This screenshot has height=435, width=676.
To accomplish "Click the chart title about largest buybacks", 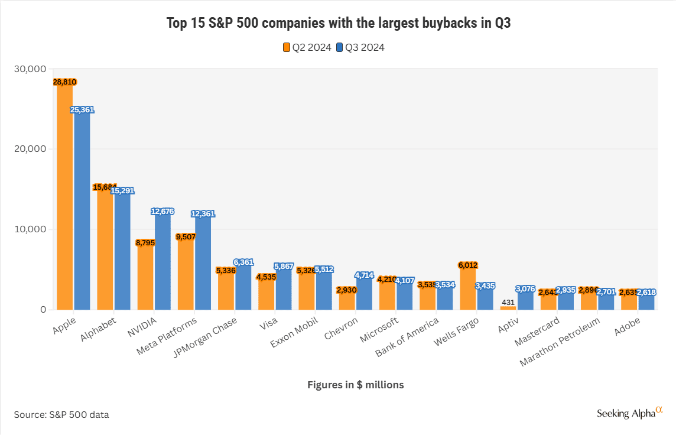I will tap(337, 23).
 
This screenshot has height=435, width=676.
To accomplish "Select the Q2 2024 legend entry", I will tap(307, 47).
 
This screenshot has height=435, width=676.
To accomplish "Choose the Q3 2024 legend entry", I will tap(360, 47).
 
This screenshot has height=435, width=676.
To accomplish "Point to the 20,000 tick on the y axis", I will tap(30, 149).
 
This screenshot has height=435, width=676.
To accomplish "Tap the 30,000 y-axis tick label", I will tap(30, 69).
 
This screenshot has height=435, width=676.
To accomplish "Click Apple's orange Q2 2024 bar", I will tap(64, 195).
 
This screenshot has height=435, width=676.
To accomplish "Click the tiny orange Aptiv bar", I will tap(508, 307).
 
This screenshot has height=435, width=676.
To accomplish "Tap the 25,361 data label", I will tap(82, 110).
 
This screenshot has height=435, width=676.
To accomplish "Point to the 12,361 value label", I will tap(203, 214).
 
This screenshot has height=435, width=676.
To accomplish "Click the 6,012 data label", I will tap(468, 265).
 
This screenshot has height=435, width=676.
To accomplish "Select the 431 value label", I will tap(508, 302).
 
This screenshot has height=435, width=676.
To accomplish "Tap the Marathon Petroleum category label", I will tap(560, 342).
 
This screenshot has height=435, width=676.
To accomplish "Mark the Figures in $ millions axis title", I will tap(356, 385).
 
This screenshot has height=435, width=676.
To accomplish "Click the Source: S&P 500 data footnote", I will tap(61, 414).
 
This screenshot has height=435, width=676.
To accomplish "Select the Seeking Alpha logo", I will tap(630, 413).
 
